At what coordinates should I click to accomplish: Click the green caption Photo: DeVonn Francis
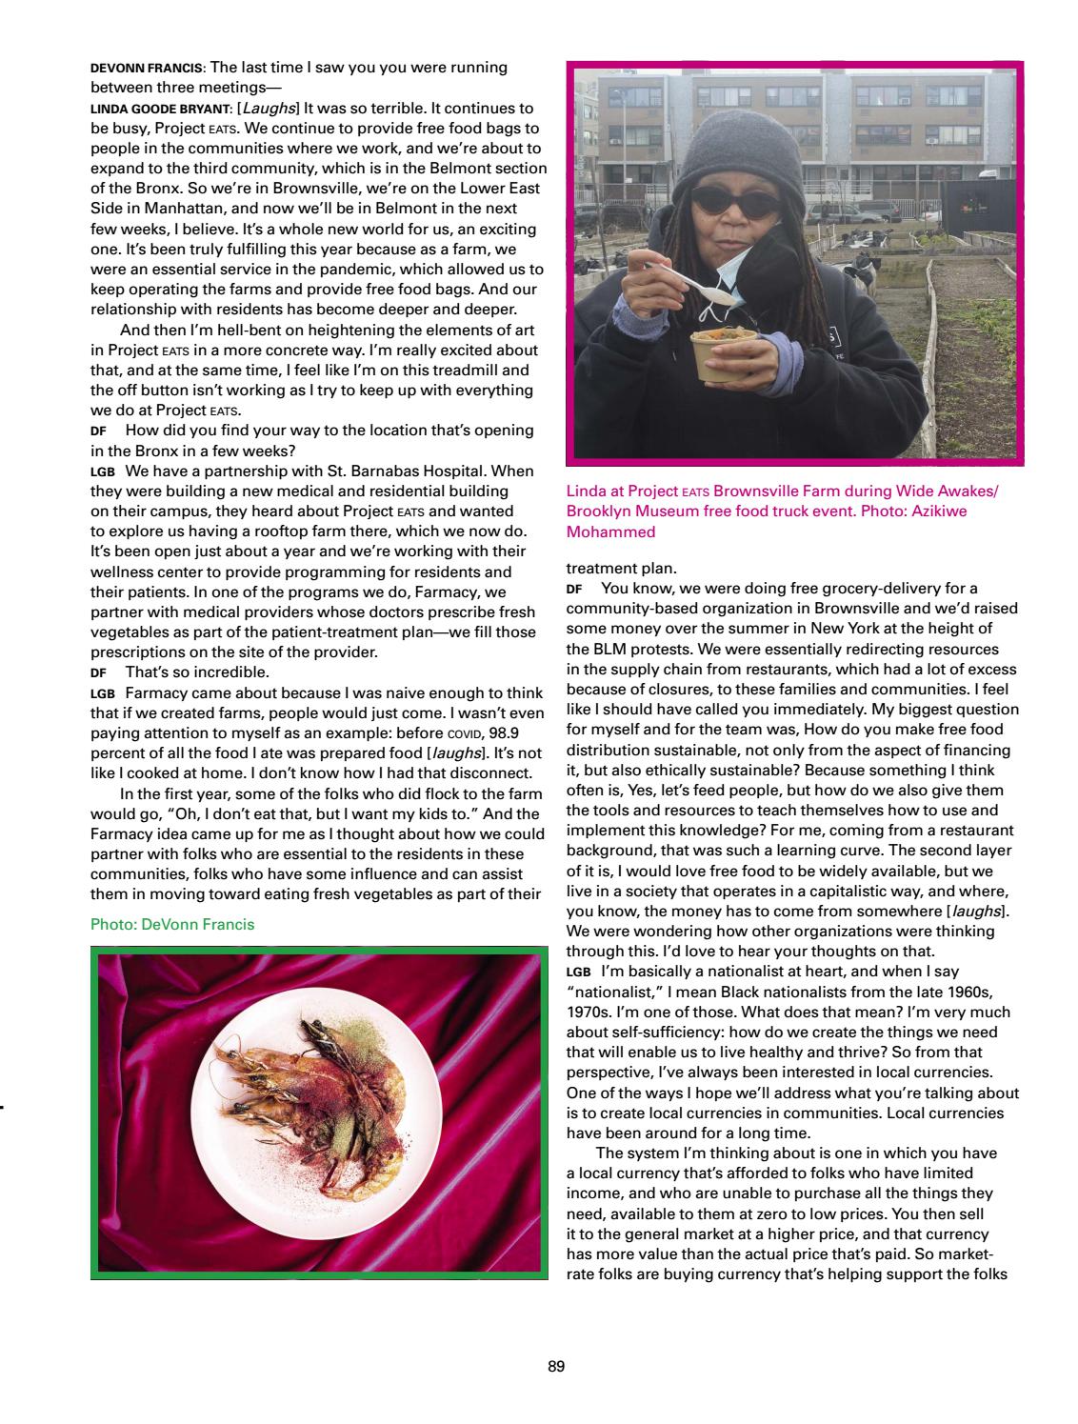(x=172, y=924)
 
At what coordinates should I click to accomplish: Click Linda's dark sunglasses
(x=729, y=199)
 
